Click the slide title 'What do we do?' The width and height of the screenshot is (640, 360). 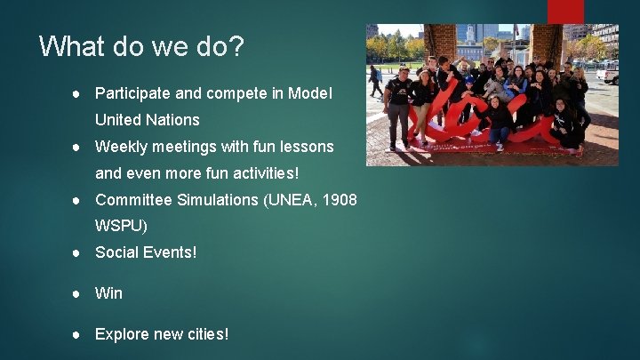coord(141,46)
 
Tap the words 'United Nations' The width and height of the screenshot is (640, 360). coord(147,119)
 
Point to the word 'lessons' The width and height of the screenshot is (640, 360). coord(307,146)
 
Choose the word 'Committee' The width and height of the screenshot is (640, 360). coord(132,199)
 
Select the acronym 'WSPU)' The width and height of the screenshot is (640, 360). coord(121,226)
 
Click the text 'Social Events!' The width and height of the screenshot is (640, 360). coord(146,252)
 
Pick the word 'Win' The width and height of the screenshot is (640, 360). coord(108,292)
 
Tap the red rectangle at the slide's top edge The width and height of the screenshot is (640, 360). coord(564,11)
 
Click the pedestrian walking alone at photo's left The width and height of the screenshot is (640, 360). coord(375,80)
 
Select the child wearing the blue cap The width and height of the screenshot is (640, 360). coord(468,89)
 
